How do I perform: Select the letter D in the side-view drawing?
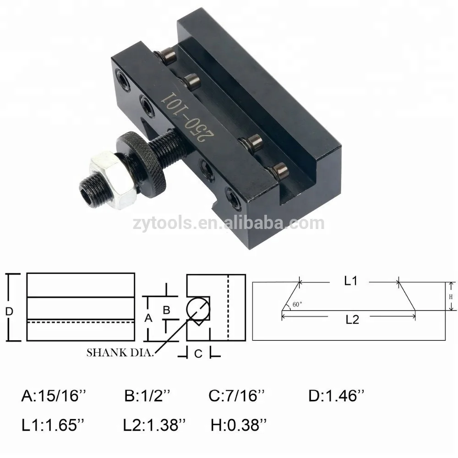point(9,311)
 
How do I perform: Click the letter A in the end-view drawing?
point(148,317)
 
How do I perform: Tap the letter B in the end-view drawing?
point(167,310)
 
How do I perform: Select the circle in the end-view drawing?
point(197,308)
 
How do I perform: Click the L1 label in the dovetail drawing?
point(351,282)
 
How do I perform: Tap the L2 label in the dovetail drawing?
point(351,320)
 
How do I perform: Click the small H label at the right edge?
point(451,296)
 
